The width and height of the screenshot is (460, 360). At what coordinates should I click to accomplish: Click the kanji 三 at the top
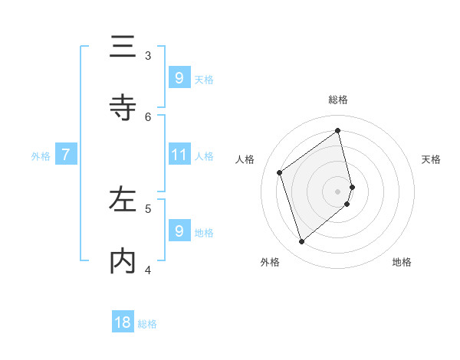[x=123, y=47]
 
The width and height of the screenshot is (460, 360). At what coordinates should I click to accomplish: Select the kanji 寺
[x=123, y=108]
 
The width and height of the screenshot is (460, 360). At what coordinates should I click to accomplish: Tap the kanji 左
[x=123, y=200]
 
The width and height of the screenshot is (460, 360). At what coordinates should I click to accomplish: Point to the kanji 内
[x=123, y=261]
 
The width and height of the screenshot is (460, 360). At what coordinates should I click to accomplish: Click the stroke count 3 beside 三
[x=148, y=55]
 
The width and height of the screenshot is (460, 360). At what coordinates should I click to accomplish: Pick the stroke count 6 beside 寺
[x=148, y=116]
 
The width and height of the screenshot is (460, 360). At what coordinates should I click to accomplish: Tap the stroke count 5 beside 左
[x=148, y=208]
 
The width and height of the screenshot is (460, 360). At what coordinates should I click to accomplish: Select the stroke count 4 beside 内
[x=148, y=269]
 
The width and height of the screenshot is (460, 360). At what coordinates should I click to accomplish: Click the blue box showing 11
[x=179, y=155]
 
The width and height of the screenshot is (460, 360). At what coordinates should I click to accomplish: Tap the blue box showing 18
[x=123, y=322]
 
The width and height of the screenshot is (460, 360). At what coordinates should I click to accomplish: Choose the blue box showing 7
[x=66, y=155]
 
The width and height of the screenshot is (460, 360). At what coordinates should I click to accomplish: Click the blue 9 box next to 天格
[x=179, y=77]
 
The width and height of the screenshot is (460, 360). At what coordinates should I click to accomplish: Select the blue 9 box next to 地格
[x=179, y=231]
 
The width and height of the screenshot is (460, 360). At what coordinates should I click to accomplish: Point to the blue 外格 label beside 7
[x=41, y=155]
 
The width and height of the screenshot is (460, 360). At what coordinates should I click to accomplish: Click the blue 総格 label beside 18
[x=147, y=324]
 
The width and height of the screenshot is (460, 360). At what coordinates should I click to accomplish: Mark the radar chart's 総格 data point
[x=338, y=130]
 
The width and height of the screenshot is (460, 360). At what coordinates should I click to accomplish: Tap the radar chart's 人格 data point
[x=280, y=172]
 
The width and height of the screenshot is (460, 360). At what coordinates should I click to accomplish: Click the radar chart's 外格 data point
[x=301, y=242]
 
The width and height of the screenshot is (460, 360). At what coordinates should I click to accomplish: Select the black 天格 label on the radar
[x=431, y=159]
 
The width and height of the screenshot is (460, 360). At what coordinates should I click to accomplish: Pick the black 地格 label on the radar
[x=402, y=262]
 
